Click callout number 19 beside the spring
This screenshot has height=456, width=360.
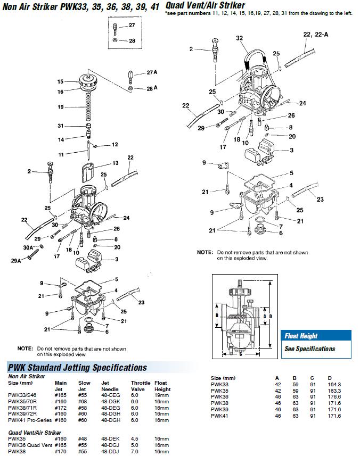61,107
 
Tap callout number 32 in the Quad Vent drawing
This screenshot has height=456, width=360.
239,38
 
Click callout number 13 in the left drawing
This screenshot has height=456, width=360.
115,163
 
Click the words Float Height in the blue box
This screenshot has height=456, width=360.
301,336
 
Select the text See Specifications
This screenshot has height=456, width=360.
309,349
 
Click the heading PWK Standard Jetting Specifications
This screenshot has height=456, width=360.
77,368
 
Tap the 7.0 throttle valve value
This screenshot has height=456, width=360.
136,451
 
